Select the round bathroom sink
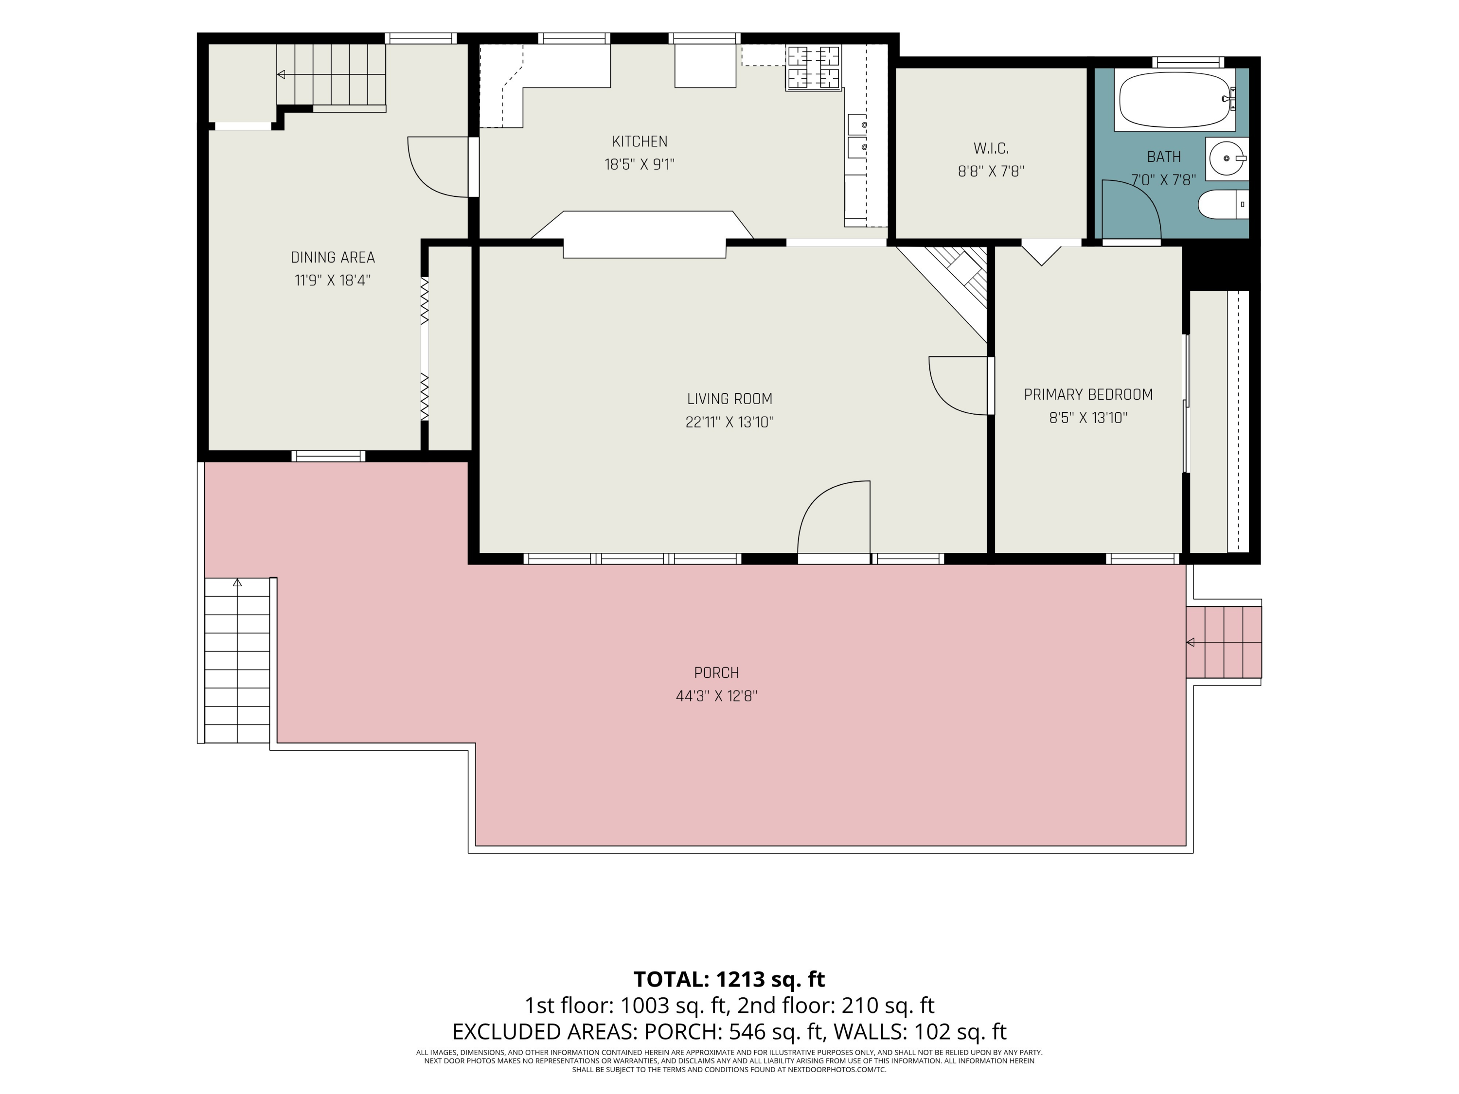pos(1227,159)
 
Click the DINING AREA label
pos(333,257)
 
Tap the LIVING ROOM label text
pos(729,399)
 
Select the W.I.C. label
pos(991,148)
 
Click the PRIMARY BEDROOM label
pos(1088,394)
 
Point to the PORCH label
pos(716,672)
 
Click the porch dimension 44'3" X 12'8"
pos(716,696)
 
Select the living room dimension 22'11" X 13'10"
pos(729,422)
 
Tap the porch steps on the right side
pos(1224,642)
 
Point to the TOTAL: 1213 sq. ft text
pos(729,979)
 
